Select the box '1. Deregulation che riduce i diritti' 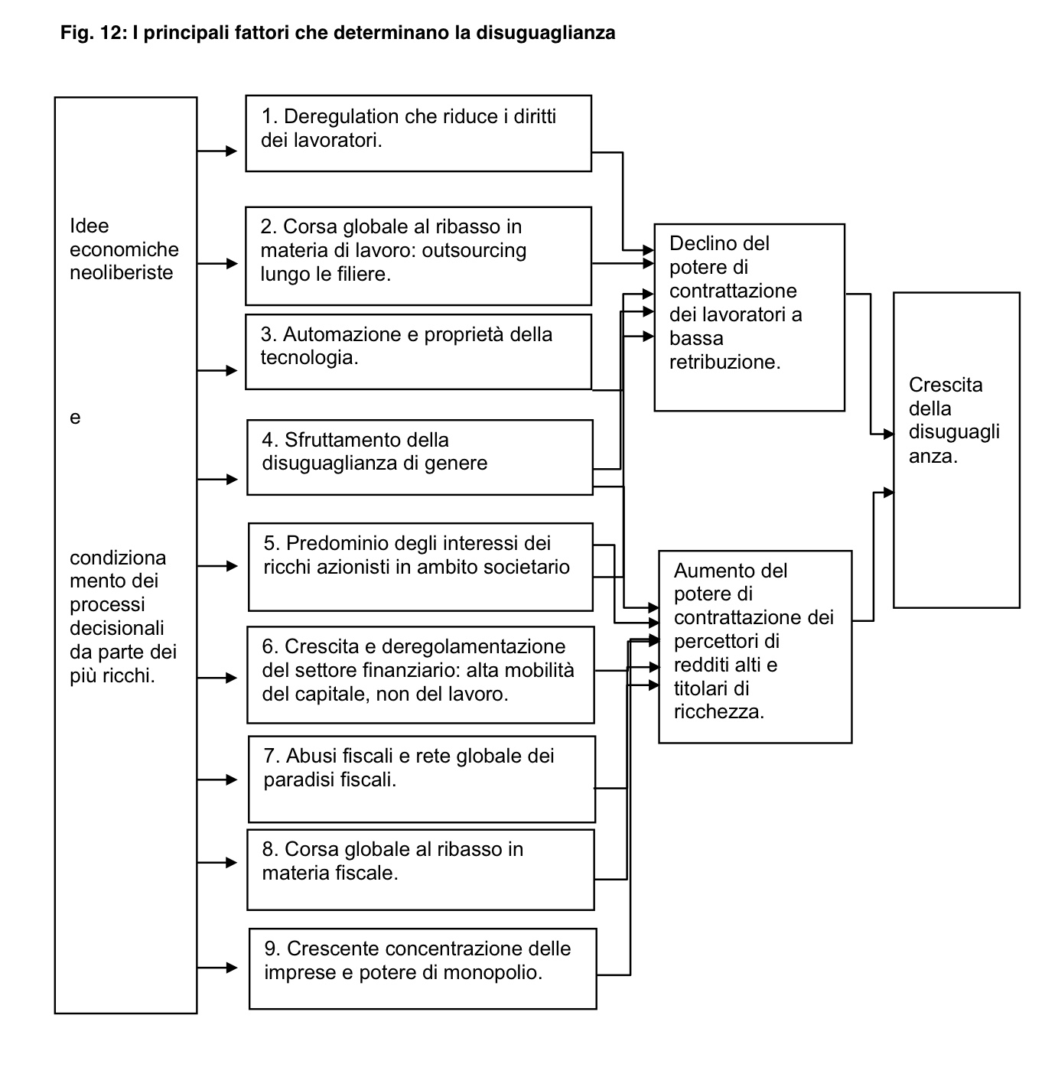pos(418,133)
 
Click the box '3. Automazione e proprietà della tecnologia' pos(418,351)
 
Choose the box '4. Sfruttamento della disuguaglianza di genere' pos(419,457)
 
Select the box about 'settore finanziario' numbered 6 pos(420,674)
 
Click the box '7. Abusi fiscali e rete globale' pos(422,779)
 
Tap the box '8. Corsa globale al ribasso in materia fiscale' pos(420,870)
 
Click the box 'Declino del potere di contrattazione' pos(749,317)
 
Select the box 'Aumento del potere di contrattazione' pos(754,646)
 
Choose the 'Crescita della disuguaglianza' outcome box pos(955,450)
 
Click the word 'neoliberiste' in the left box pos(122,273)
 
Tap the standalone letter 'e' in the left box pos(75,418)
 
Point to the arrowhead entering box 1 pos(232,151)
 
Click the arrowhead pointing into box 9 pos(232,968)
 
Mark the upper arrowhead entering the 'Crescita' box pos(888,434)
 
